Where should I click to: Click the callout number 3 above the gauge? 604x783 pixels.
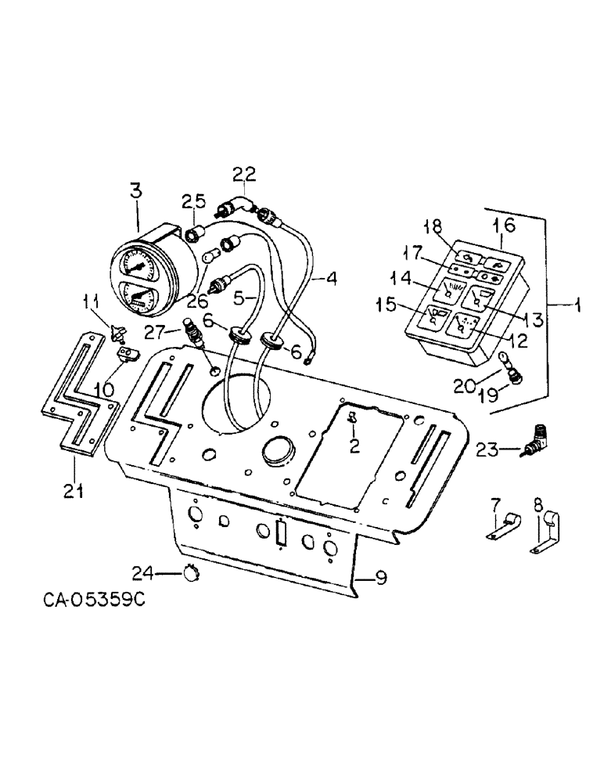pyautogui.click(x=136, y=190)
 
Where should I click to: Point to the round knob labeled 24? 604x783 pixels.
pyautogui.click(x=190, y=575)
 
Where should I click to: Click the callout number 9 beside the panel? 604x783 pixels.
pyautogui.click(x=380, y=579)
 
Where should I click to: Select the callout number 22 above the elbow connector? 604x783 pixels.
pyautogui.click(x=243, y=174)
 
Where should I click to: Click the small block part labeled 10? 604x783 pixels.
pyautogui.click(x=128, y=356)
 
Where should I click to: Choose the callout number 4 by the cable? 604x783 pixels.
pyautogui.click(x=332, y=277)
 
